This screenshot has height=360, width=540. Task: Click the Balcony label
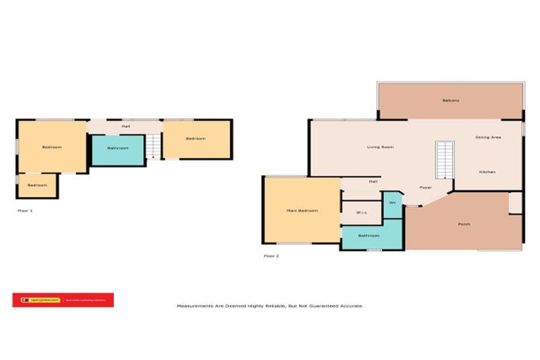(451, 101)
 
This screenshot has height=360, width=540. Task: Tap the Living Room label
(380, 147)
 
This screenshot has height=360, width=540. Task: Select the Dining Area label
(488, 137)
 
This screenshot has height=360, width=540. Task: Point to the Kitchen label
(487, 172)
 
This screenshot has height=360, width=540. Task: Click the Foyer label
(425, 188)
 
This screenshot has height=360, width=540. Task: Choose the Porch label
(464, 224)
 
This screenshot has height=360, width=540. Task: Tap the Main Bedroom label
(302, 211)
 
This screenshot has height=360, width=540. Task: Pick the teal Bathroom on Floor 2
(369, 236)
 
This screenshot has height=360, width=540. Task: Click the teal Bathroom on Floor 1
(117, 148)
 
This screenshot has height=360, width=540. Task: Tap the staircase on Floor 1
(154, 146)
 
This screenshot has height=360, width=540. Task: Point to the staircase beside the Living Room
(444, 160)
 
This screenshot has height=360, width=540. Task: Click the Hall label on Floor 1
(125, 127)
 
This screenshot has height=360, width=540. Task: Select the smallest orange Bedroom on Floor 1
(37, 185)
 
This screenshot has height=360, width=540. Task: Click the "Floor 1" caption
(25, 210)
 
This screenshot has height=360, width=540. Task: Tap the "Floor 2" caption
(271, 256)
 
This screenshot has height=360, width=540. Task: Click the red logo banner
(63, 300)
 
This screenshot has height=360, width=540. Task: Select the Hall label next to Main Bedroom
(373, 182)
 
